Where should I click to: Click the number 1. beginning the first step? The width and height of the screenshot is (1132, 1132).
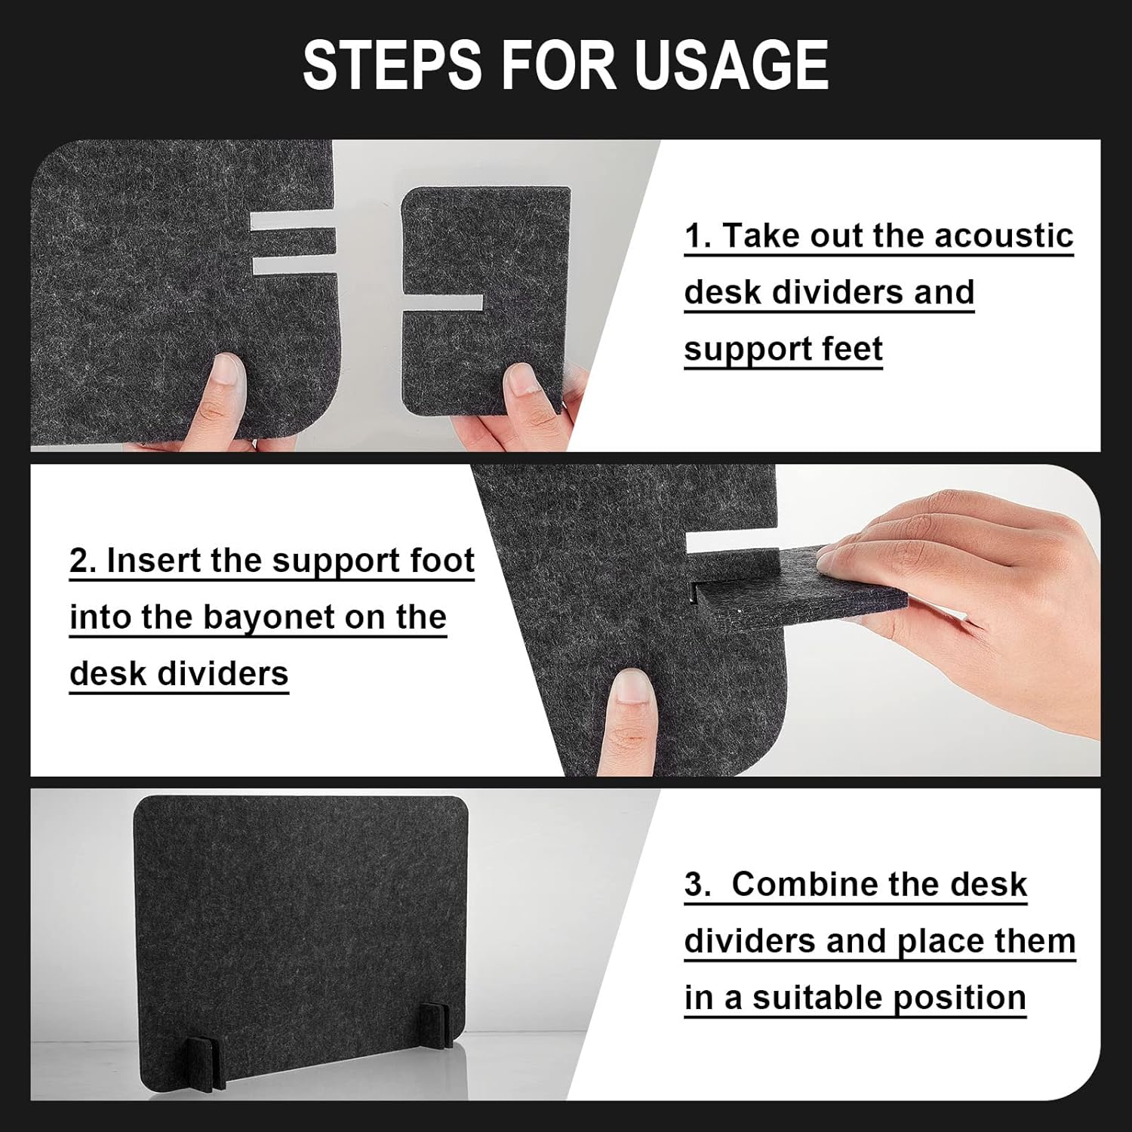(698, 236)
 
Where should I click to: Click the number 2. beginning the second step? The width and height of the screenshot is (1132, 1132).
(83, 561)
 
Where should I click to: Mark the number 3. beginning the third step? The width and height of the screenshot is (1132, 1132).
(698, 885)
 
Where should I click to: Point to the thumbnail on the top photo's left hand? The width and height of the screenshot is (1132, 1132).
(227, 374)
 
